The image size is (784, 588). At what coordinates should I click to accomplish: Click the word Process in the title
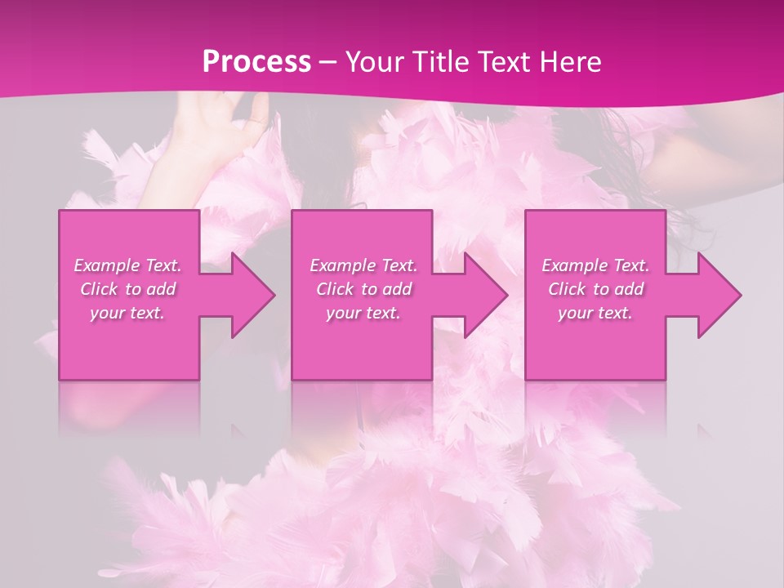pos(256,62)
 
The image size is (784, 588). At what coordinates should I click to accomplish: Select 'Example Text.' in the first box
pos(128,265)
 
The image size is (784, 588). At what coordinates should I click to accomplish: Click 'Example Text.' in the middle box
pos(363,265)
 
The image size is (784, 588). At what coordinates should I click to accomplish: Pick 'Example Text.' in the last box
pos(595,265)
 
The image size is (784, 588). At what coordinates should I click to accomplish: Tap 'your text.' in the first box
pos(128,313)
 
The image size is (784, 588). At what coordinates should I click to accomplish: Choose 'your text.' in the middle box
pos(363,313)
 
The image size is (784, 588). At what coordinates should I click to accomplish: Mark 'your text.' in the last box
pos(595,313)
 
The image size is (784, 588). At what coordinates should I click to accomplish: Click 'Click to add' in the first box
pos(128,289)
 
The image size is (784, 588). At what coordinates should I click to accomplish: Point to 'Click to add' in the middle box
pos(363,289)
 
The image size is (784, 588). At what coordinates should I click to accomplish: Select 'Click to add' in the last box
pos(595,289)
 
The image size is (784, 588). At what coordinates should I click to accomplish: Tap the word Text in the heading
pos(504,62)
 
